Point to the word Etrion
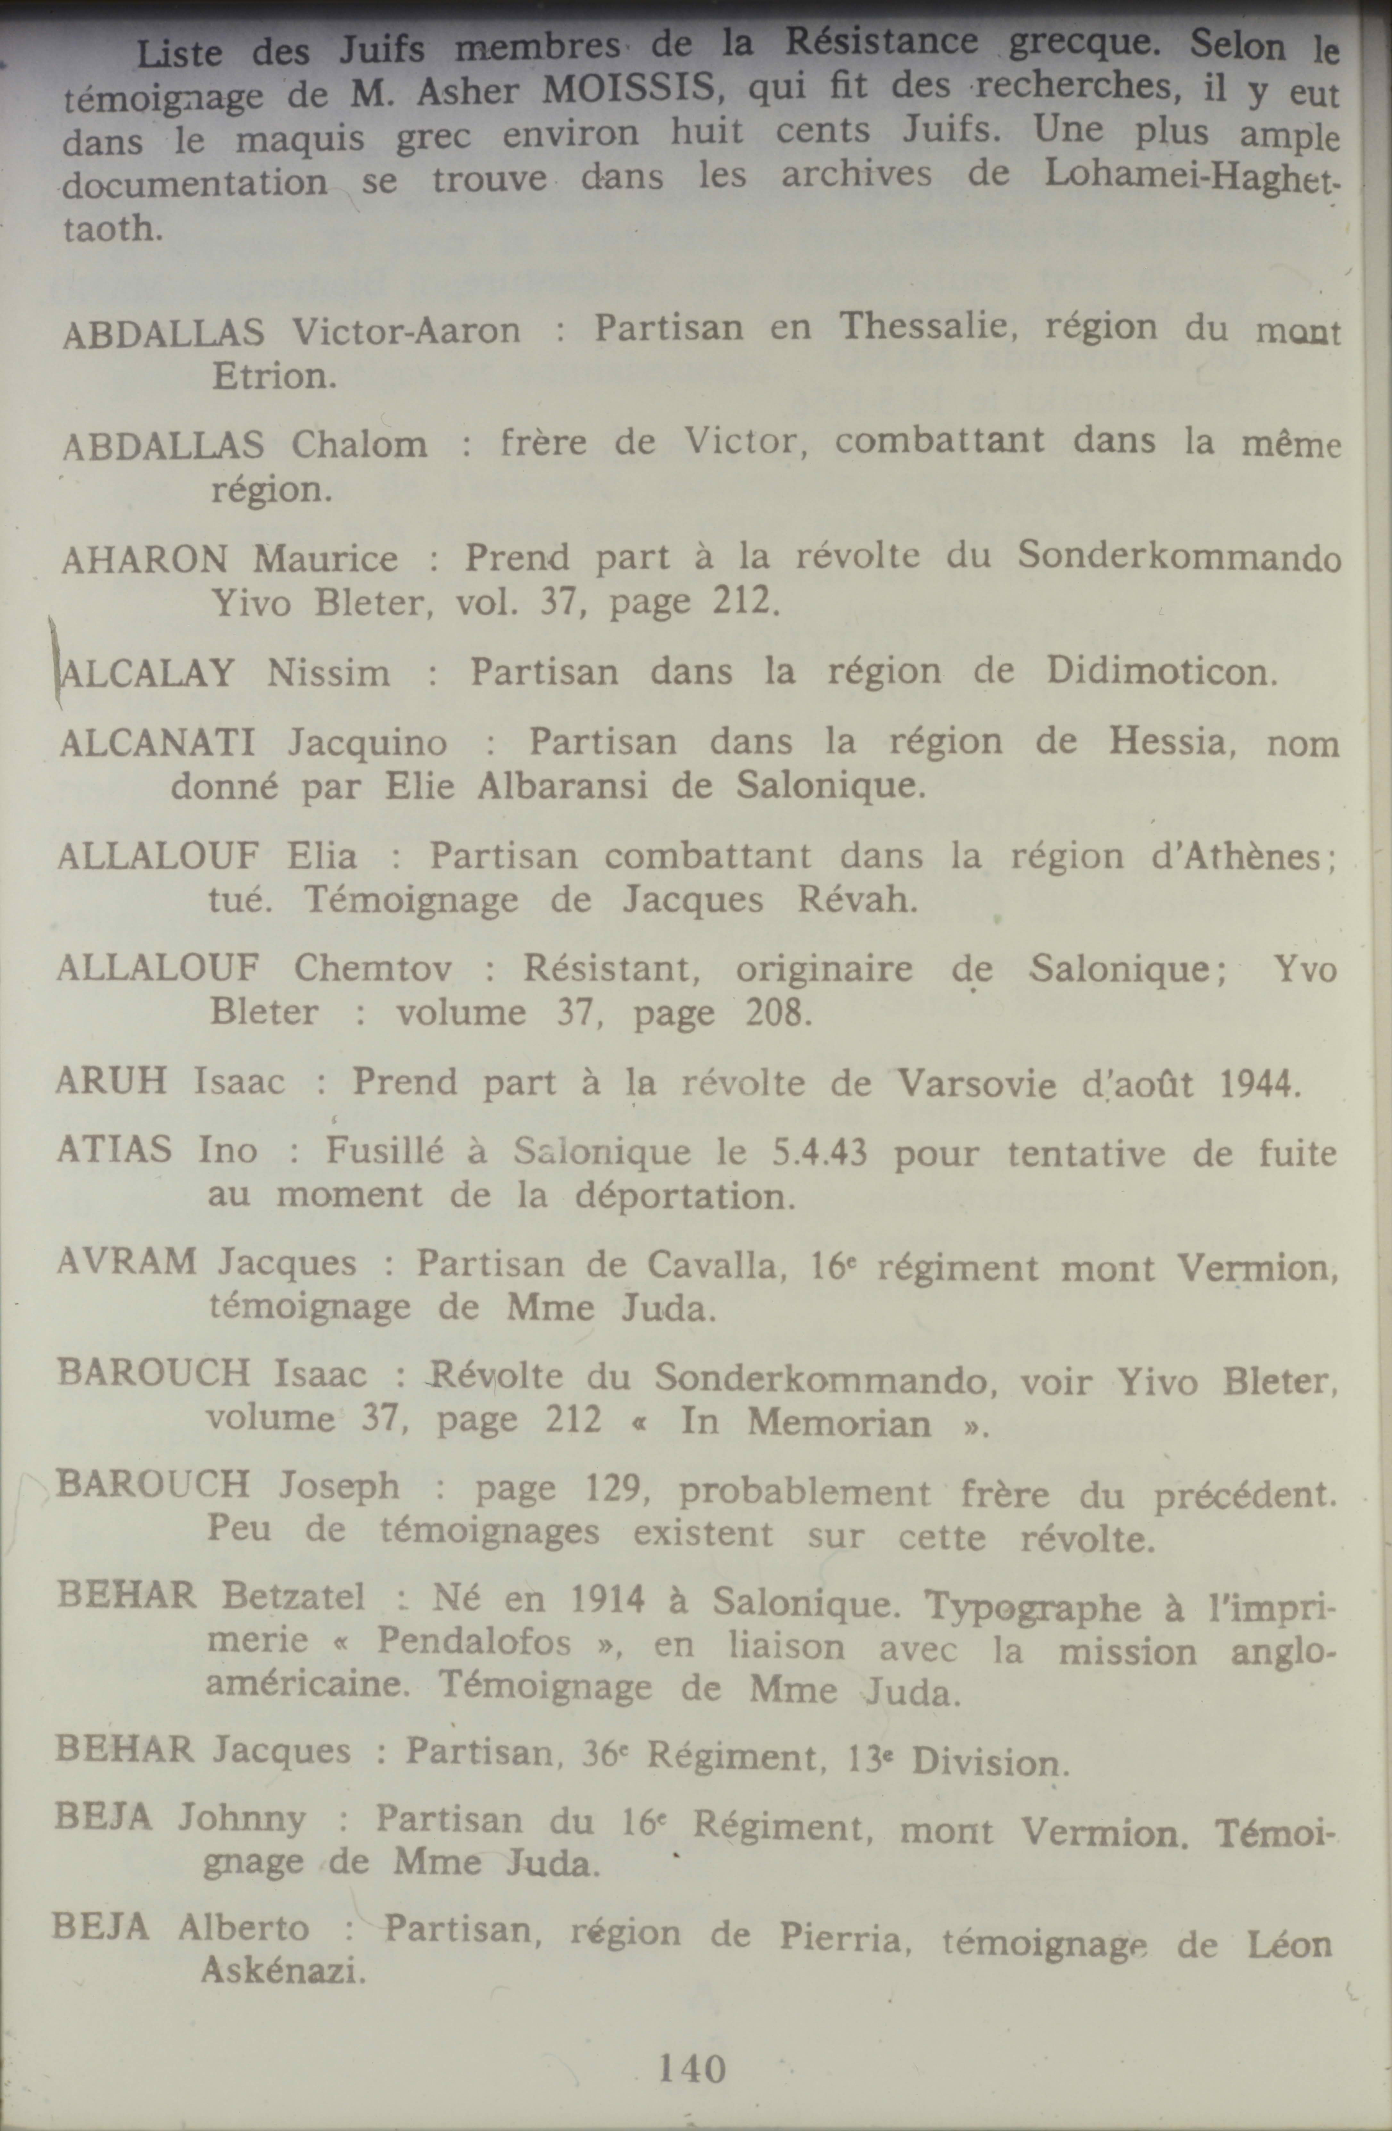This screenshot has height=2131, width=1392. click(x=274, y=376)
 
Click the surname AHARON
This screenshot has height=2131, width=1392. click(x=145, y=560)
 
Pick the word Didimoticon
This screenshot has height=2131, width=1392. click(x=1161, y=672)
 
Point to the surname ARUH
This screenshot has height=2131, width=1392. click(x=111, y=1081)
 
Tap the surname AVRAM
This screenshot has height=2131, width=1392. click(x=126, y=1263)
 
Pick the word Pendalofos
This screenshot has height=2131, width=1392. click(x=474, y=1642)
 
